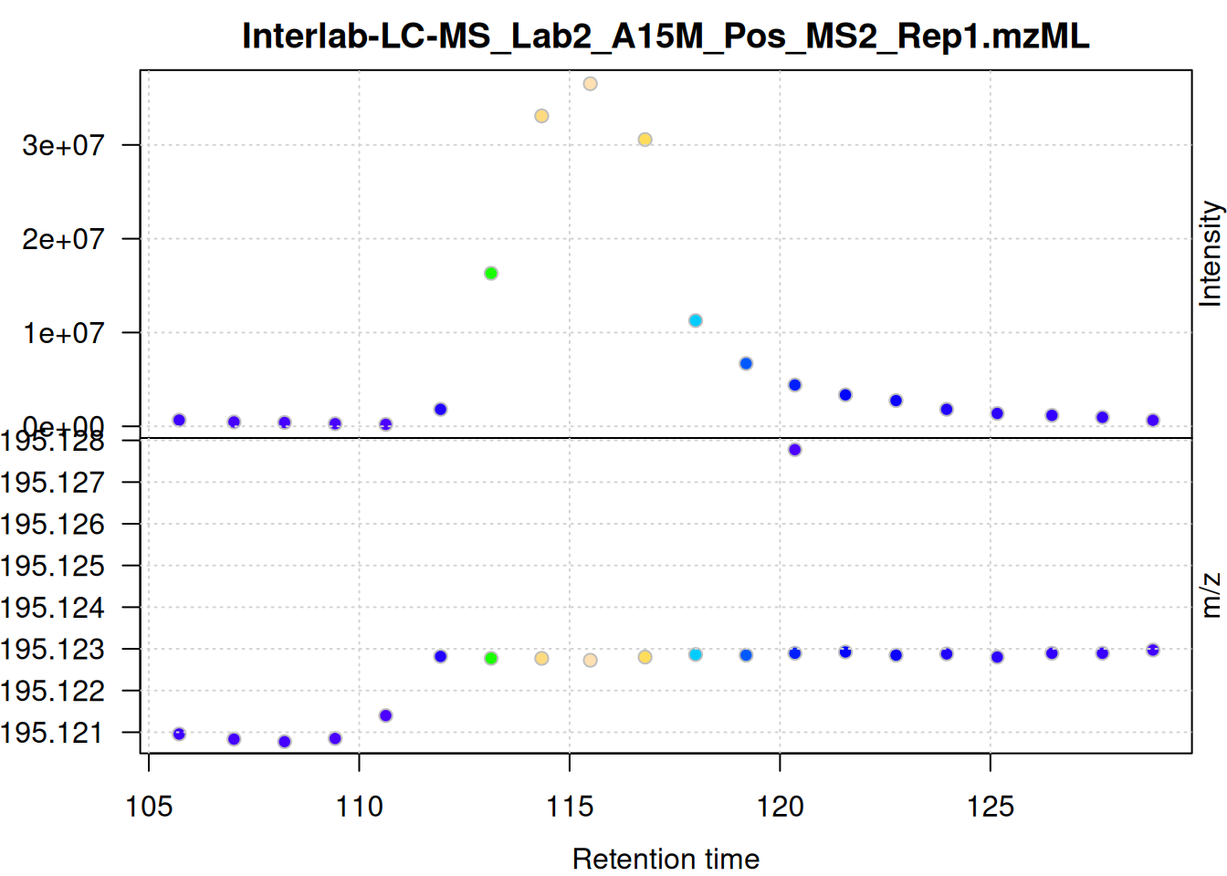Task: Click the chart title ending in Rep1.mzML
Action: tap(666, 36)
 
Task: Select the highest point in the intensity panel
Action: tap(590, 84)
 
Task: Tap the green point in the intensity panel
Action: tap(491, 273)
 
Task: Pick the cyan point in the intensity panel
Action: tap(696, 320)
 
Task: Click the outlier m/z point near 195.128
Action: tap(794, 450)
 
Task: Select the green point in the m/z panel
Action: tap(491, 658)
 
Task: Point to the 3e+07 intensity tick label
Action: tap(64, 145)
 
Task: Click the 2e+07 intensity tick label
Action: tap(64, 239)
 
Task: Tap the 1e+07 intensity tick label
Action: tap(64, 333)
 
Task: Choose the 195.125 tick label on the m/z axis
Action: tap(53, 566)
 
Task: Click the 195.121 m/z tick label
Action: tap(53, 733)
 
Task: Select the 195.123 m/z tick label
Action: tap(53, 650)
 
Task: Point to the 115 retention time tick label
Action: tap(570, 807)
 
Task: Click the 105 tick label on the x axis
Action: tap(149, 807)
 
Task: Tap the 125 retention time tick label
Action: tap(991, 807)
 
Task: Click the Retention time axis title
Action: tap(666, 859)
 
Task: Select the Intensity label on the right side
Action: tap(1210, 254)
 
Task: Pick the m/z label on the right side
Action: tap(1210, 595)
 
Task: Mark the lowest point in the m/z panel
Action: tap(285, 742)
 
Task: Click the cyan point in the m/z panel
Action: tap(696, 654)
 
